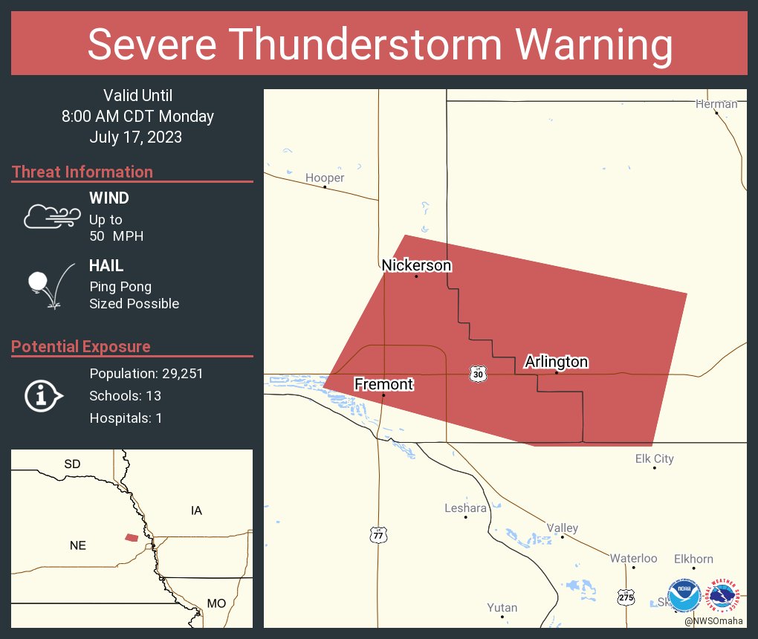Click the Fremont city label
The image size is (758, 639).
click(x=383, y=384)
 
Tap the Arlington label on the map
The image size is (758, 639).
click(x=556, y=362)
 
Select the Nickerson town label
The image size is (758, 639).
click(x=416, y=265)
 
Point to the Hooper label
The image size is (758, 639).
click(x=325, y=178)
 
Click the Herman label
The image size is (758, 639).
click(x=716, y=104)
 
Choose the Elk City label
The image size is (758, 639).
click(x=654, y=458)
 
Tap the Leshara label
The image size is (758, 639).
click(x=465, y=508)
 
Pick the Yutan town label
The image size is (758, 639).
click(x=502, y=608)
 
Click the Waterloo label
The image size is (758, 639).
click(x=633, y=558)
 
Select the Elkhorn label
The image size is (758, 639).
click(x=693, y=559)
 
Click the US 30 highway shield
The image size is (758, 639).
click(x=478, y=374)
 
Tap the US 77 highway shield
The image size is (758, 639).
click(x=378, y=534)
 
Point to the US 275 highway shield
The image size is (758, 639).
click(x=626, y=596)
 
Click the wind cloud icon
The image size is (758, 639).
click(x=51, y=216)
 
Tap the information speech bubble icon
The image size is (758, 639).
click(x=43, y=396)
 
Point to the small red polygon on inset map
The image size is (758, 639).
click(x=132, y=537)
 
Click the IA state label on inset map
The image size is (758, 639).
click(x=196, y=510)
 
